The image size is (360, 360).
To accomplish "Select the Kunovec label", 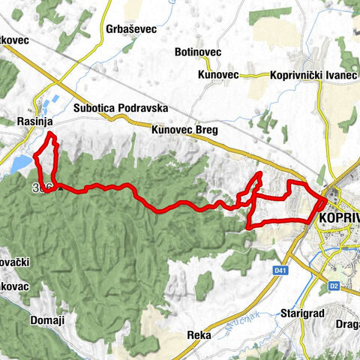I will click(218, 75).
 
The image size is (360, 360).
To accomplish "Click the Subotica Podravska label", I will click(121, 108).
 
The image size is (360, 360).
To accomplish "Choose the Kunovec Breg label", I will click(184, 130).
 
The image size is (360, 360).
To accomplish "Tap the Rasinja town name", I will click(33, 120).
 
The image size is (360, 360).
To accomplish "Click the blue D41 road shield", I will click(280, 269).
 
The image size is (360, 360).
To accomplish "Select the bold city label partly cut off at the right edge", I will click(338, 217).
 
